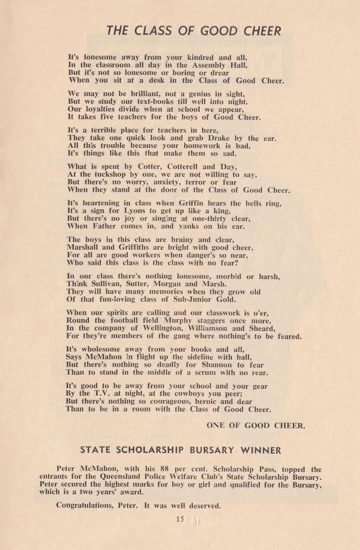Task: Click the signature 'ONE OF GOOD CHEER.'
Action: (256, 426)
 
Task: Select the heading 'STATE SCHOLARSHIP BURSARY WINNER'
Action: (181, 450)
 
